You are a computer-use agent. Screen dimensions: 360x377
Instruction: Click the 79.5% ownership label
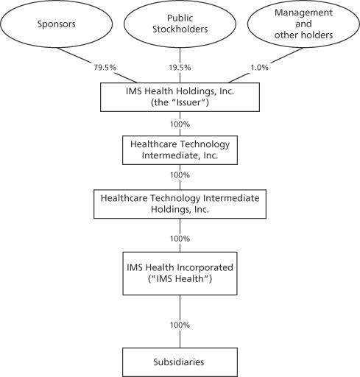[105, 67]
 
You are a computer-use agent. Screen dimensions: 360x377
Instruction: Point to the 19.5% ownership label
[180, 67]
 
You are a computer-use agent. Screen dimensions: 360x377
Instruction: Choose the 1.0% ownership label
[259, 67]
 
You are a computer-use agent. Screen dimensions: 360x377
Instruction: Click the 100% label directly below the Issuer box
[180, 124]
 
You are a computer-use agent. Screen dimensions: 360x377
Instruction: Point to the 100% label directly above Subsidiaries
[180, 325]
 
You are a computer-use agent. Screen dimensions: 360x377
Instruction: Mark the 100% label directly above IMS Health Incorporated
[180, 239]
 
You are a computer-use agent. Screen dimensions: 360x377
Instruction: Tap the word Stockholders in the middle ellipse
[180, 29]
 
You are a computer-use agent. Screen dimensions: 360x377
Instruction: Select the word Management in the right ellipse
[303, 13]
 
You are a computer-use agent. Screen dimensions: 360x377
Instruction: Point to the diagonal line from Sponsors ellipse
[97, 66]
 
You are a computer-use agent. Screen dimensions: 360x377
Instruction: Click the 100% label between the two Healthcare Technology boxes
[180, 175]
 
